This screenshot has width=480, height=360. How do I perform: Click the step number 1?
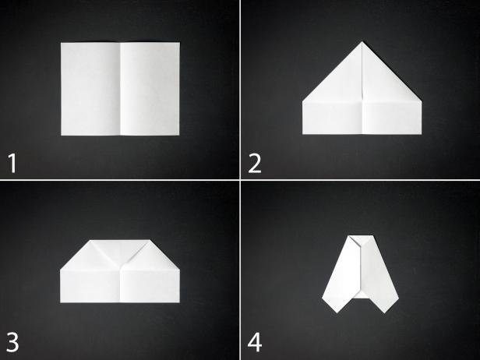(x=12, y=163)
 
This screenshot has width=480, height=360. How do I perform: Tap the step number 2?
(x=255, y=164)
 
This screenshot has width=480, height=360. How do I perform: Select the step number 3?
(x=12, y=342)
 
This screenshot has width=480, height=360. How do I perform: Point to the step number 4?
(x=255, y=342)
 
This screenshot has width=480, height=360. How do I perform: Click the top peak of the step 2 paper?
(x=362, y=41)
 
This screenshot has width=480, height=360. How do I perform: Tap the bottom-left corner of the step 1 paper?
(x=62, y=136)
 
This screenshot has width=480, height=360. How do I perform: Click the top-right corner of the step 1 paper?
(x=180, y=43)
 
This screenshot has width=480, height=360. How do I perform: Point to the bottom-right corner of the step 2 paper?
(x=422, y=134)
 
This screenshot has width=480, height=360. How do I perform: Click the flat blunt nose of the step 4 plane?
(x=361, y=236)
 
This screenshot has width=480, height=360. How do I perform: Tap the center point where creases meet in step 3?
(x=120, y=266)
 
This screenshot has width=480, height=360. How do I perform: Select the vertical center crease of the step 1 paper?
(x=120, y=89)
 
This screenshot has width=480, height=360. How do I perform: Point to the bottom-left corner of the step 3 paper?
(x=61, y=302)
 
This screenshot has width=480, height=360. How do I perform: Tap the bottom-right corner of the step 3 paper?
(x=180, y=302)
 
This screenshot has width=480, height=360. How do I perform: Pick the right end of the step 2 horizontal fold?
(x=422, y=101)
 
